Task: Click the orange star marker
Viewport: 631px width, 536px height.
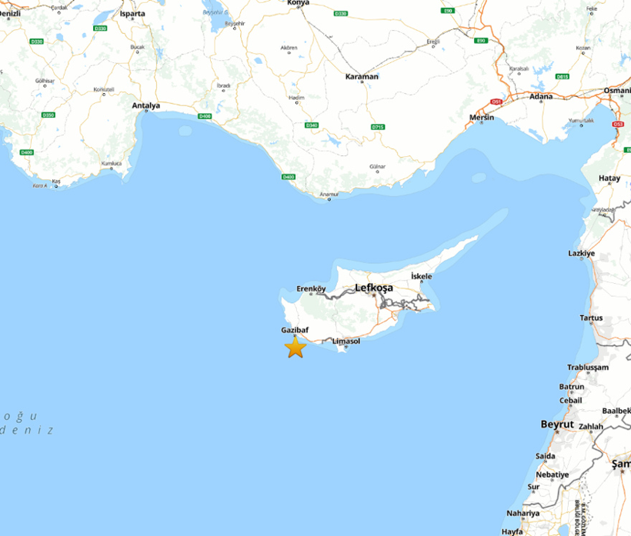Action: click(x=295, y=348)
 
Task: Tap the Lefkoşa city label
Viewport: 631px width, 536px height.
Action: click(x=374, y=288)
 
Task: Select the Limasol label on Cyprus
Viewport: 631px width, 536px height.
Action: click(x=346, y=341)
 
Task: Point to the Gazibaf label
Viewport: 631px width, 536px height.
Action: click(x=295, y=329)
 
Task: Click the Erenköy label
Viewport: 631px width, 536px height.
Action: click(x=312, y=288)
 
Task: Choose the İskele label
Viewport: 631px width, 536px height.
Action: click(x=422, y=276)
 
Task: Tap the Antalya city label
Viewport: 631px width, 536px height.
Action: click(x=146, y=105)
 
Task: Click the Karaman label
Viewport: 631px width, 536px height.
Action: click(x=362, y=77)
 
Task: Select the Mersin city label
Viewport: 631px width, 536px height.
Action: click(x=482, y=118)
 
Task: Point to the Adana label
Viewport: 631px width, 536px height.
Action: click(x=542, y=97)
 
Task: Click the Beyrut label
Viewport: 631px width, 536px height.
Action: click(x=557, y=424)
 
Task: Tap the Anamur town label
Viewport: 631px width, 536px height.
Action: click(x=329, y=195)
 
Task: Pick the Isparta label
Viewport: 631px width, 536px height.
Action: click(x=132, y=13)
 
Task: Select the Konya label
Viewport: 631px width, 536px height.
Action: click(x=297, y=3)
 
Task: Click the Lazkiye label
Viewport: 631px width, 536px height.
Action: click(x=582, y=253)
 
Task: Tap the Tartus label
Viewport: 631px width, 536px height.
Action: click(x=591, y=318)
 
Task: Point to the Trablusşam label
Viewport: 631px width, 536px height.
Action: click(x=588, y=368)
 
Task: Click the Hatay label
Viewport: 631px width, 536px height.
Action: click(x=609, y=178)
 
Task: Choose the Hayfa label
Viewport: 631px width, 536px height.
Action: click(x=512, y=531)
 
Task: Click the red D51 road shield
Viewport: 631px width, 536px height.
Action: click(x=496, y=101)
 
